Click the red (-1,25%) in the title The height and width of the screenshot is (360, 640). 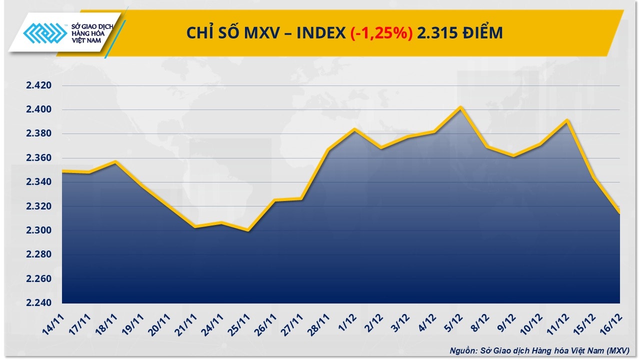(x=381, y=33)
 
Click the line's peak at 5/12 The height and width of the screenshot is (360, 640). (x=461, y=107)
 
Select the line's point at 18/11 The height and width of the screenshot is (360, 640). (x=115, y=161)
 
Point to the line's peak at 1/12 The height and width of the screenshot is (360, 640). (x=354, y=129)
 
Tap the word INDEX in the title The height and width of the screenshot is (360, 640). (x=321, y=33)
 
